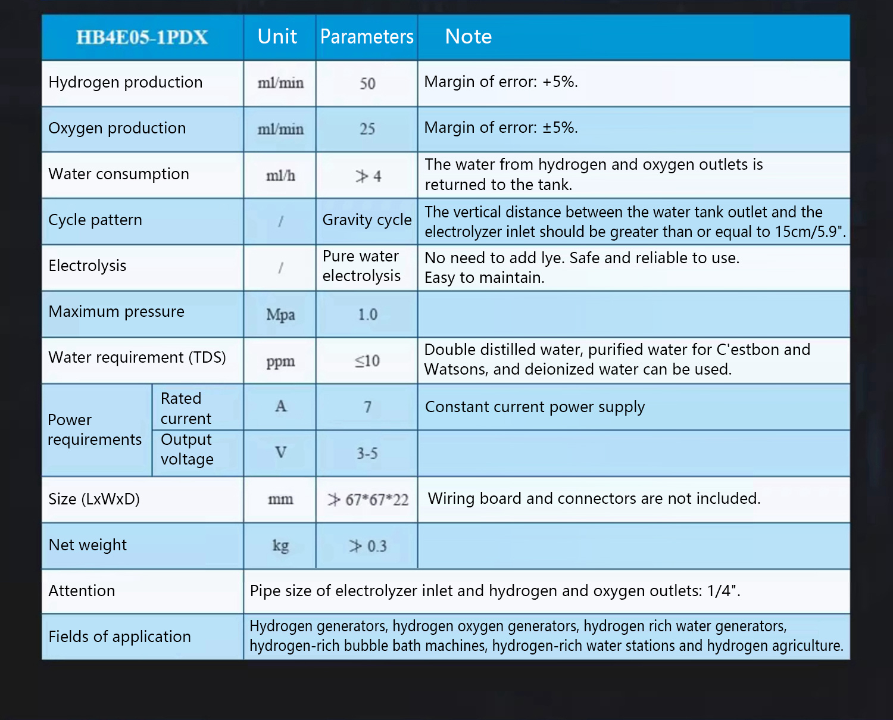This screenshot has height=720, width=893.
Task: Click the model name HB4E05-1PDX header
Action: [142, 38]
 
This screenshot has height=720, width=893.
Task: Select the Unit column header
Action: [277, 37]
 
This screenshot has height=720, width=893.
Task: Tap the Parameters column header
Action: [367, 37]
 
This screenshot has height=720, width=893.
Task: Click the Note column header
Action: [469, 37]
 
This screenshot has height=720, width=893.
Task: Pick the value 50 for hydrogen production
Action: [367, 83]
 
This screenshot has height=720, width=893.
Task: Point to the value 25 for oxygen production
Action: [367, 129]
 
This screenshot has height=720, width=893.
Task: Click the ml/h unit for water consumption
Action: [280, 176]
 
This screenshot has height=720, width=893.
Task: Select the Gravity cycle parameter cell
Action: [367, 220]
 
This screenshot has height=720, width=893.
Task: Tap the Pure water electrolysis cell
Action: [361, 266]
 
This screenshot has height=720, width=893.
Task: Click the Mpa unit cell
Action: [280, 314]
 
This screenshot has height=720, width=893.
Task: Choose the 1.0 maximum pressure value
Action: [367, 314]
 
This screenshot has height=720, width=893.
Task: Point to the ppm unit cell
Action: [280, 361]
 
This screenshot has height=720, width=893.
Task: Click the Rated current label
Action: [186, 408]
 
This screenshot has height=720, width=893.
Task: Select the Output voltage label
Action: [187, 450]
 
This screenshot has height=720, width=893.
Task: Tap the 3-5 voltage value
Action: [367, 454]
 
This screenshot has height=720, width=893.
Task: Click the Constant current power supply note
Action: [535, 407]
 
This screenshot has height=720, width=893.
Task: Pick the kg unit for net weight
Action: [280, 546]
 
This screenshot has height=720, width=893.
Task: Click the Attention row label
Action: [82, 591]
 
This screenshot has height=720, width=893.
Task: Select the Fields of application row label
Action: [120, 637]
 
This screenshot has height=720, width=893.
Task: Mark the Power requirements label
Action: [95, 429]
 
